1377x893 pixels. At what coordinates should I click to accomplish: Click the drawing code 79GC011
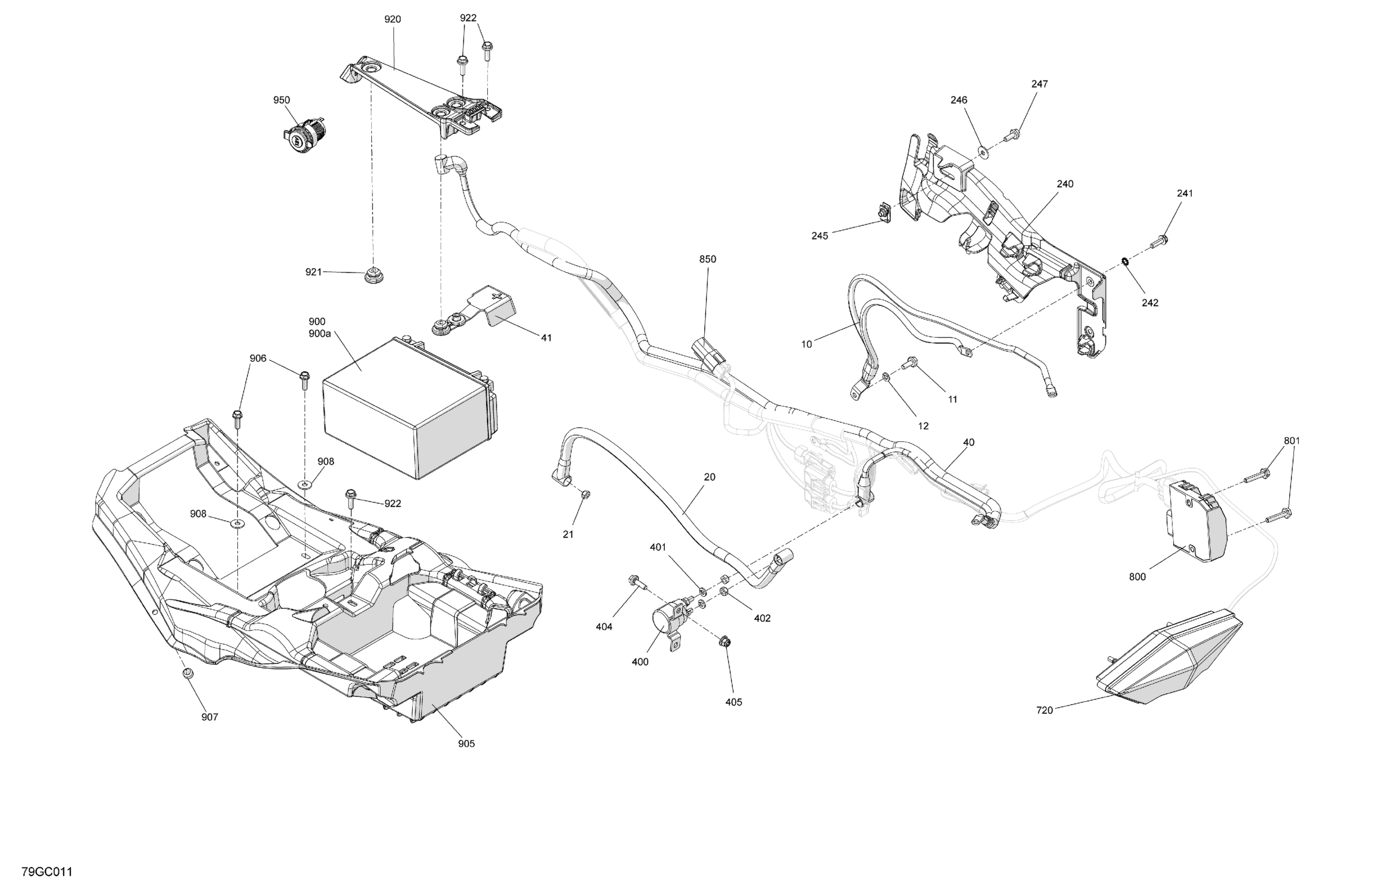click(47, 871)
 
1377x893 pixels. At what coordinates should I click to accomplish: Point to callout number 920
click(392, 19)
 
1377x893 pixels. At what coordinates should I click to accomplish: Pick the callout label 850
click(707, 259)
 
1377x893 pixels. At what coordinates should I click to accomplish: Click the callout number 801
click(1291, 440)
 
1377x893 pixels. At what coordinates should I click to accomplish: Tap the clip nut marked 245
click(883, 213)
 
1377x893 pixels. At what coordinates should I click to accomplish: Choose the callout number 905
click(466, 744)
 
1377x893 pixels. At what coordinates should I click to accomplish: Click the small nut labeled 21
click(585, 494)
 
